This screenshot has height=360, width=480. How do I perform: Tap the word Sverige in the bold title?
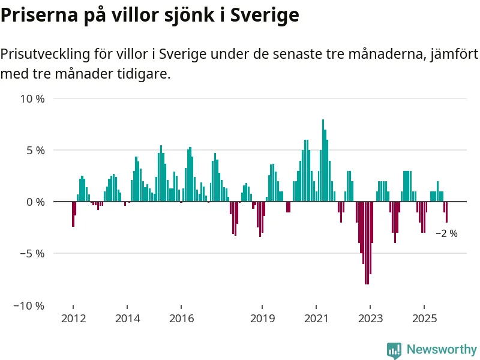point(264,15)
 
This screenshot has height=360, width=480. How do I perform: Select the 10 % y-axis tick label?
point(32,98)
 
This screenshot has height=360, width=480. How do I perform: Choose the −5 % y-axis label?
point(32,253)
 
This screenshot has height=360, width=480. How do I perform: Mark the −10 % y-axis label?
point(30,305)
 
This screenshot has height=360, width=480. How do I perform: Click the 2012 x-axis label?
point(73,318)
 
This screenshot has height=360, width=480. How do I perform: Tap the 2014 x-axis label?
point(127,318)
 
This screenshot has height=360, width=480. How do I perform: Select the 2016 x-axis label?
point(181,318)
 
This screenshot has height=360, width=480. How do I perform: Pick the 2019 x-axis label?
point(262,318)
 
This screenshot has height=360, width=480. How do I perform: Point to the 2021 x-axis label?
point(316,318)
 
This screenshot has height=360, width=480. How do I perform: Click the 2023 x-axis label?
point(370,318)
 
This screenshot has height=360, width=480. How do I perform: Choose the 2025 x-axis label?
point(424,318)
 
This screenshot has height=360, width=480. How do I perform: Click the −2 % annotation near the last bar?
point(446,233)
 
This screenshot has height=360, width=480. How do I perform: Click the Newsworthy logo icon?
point(394,350)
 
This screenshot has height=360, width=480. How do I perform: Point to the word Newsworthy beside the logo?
point(442,349)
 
